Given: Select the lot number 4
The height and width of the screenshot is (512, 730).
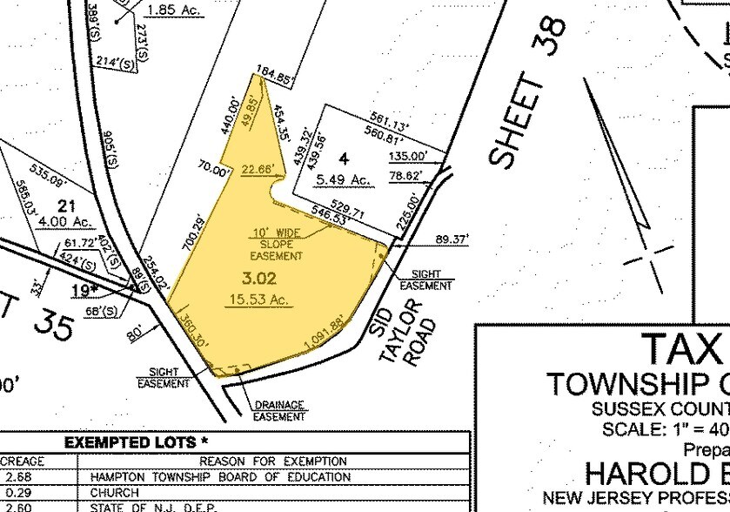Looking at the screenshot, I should [x=344, y=158].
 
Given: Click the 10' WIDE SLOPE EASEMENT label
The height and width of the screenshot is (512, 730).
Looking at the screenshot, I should [x=276, y=245].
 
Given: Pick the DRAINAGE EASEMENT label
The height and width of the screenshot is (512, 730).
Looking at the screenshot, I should [x=279, y=410].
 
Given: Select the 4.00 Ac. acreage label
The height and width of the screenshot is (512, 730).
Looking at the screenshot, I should [x=61, y=220].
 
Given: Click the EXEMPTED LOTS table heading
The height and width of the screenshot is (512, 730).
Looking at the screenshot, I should [x=131, y=443].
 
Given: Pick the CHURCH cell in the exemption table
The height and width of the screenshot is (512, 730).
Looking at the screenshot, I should [x=114, y=492].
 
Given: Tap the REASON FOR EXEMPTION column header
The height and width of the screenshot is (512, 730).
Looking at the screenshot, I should [x=273, y=461].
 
